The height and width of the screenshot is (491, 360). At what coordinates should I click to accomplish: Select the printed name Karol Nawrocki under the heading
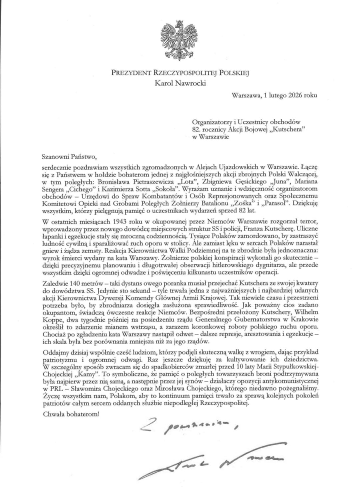[180, 83]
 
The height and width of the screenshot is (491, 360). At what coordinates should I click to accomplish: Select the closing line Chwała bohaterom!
[71, 414]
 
